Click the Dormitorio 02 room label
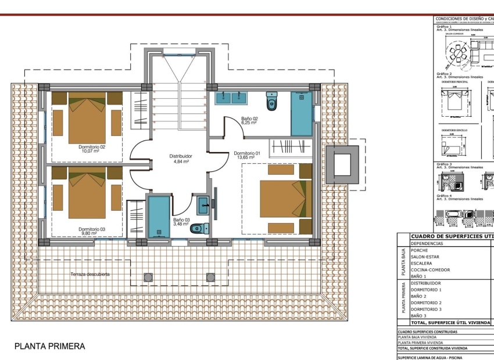pos(92,147)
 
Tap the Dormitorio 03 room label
pos(92,229)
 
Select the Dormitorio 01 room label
pos(247,154)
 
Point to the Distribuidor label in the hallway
pos(181,156)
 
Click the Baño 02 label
pos(249,119)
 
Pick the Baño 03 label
pos(181,221)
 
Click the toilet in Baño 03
pos(198,228)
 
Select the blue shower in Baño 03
pos(159,217)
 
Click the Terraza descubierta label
pos(90,274)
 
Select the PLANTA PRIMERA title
pos(50,347)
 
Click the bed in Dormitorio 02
pos(87,118)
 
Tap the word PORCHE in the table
pos(420,251)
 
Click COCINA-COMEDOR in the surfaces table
pos(430,270)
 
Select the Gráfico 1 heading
pos(444,26)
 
